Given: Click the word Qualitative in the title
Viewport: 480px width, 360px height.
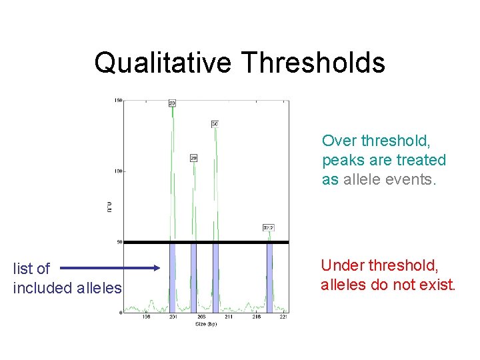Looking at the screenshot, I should click(163, 63).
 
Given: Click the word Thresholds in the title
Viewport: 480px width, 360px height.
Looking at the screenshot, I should click(313, 63).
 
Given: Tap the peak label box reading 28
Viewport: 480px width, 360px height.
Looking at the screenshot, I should click(172, 103).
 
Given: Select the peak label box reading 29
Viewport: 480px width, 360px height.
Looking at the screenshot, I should click(193, 158).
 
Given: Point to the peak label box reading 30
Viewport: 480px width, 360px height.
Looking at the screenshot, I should click(215, 124).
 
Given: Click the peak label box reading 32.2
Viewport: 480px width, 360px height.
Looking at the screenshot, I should click(269, 227).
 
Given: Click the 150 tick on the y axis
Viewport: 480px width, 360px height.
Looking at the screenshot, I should click(117, 101).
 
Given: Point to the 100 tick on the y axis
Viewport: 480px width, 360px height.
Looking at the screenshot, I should click(117, 171).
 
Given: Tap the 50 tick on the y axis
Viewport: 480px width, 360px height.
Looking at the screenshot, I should click(119, 242).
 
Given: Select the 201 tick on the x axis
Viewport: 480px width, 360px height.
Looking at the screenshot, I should click(173, 317).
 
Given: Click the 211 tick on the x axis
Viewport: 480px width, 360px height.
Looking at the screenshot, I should click(229, 317).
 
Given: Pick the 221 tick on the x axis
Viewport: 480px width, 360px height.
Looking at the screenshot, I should click(284, 317).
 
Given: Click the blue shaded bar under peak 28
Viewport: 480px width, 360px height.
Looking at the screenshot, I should click(172, 277).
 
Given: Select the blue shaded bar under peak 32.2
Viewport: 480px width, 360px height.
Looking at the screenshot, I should click(269, 277).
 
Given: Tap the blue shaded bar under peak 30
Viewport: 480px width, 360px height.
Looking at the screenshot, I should click(215, 277).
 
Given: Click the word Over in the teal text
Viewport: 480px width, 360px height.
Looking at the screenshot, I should click(339, 141).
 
